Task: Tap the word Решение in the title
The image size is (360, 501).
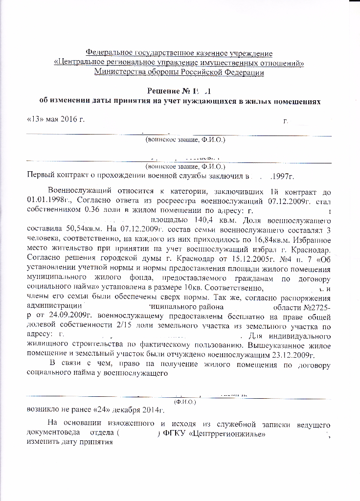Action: click(165, 91)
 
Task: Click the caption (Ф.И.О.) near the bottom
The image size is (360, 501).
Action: click(185, 401)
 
